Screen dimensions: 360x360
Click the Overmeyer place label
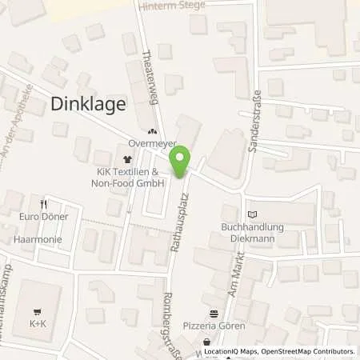pyautogui.click(x=151, y=145)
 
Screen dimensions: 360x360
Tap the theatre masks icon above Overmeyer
pyautogui.click(x=152, y=132)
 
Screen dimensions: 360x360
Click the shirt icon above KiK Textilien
pyautogui.click(x=126, y=160)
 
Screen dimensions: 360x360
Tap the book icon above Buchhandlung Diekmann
pyautogui.click(x=254, y=214)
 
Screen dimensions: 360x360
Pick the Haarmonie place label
pyautogui.click(x=38, y=238)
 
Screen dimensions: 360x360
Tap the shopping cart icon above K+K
pyautogui.click(x=38, y=312)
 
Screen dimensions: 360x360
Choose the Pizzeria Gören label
pyautogui.click(x=214, y=326)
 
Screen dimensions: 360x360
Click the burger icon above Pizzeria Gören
pyautogui.click(x=214, y=314)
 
